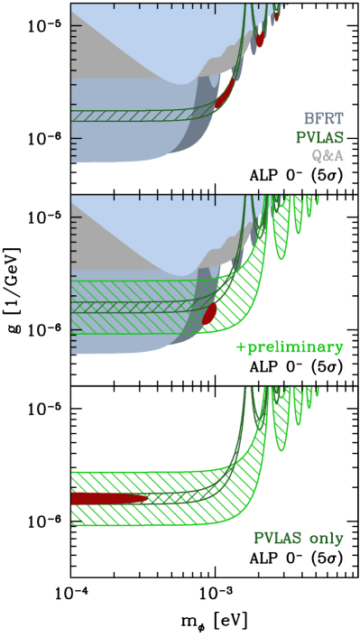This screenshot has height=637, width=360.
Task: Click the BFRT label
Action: point(323,118)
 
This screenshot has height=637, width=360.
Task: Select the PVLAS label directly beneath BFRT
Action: point(320,138)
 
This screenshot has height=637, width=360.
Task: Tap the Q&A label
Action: point(327,156)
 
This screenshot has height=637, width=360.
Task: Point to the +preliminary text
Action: point(290,347)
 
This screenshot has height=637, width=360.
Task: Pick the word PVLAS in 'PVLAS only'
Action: point(277,539)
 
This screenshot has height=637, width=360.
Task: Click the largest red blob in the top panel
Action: point(224,94)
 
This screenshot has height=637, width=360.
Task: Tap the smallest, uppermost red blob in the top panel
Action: point(277,15)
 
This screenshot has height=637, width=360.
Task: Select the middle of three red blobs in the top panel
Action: point(260,40)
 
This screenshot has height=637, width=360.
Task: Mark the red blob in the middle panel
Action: point(210,312)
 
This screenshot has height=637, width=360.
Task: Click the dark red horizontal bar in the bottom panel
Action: point(108,498)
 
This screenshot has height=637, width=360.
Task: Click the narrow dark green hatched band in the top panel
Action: point(135,115)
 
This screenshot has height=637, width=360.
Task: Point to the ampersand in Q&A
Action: point(327,156)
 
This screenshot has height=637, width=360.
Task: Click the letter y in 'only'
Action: point(338,540)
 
